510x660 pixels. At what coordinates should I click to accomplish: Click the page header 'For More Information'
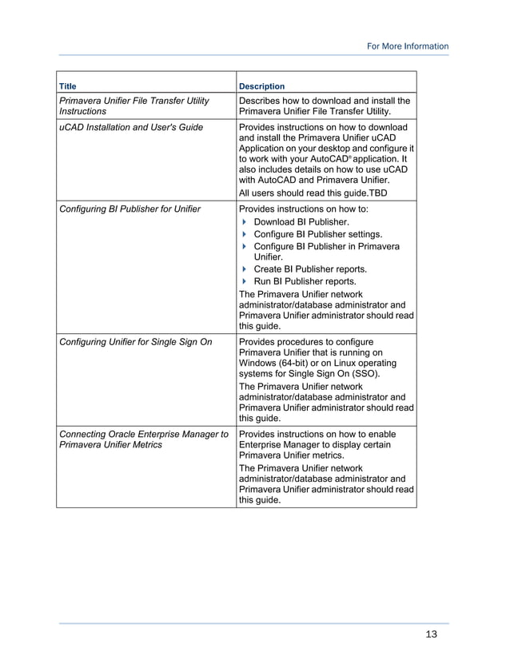click(x=407, y=46)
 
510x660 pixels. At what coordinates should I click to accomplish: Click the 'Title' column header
click(x=68, y=86)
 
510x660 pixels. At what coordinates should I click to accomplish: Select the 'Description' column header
click(x=261, y=86)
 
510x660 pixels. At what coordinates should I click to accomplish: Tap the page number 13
click(x=432, y=634)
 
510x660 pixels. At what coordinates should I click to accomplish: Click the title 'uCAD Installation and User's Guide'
click(x=131, y=127)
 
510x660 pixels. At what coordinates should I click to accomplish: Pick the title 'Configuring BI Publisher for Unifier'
click(x=130, y=209)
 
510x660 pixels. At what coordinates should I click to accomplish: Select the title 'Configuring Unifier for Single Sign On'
click(x=136, y=342)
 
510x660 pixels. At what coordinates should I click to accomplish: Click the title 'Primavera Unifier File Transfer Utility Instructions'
click(x=133, y=106)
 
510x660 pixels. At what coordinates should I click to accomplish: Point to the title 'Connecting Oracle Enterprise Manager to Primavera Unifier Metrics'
click(x=143, y=439)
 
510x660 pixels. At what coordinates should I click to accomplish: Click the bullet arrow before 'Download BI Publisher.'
click(x=244, y=221)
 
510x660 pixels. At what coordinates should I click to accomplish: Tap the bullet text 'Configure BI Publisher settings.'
click(x=317, y=234)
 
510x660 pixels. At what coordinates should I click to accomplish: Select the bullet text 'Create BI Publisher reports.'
click(x=310, y=269)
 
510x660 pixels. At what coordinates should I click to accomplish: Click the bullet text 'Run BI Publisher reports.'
click(x=305, y=281)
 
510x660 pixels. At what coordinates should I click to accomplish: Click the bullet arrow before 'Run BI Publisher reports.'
click(x=244, y=281)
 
